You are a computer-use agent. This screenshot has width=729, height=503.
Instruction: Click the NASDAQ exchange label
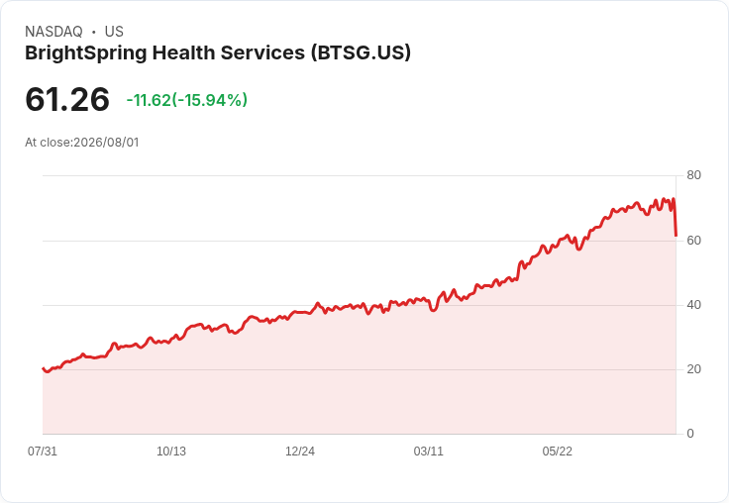pyautogui.click(x=53, y=32)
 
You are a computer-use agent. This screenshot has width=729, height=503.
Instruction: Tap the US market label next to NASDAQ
pyautogui.click(x=114, y=32)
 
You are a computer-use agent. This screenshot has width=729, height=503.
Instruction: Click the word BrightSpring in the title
pyautogui.click(x=86, y=53)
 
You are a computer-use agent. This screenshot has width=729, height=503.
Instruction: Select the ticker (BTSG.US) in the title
pyautogui.click(x=361, y=52)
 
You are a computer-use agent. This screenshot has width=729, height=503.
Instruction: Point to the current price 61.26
pyautogui.click(x=67, y=99)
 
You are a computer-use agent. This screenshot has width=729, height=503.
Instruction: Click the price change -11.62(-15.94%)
pyautogui.click(x=187, y=100)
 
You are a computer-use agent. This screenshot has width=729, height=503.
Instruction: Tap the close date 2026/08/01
pyautogui.click(x=106, y=143)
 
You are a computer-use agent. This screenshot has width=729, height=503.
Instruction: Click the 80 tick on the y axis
pyautogui.click(x=693, y=175)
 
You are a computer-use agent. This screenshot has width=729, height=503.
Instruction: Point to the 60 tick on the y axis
pyautogui.click(x=693, y=241)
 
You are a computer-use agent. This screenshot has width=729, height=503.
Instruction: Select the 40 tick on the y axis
pyautogui.click(x=693, y=305)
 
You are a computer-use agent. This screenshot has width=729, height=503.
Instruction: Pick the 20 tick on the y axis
pyautogui.click(x=693, y=369)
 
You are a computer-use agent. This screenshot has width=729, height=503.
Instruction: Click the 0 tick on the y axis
pyautogui.click(x=690, y=434)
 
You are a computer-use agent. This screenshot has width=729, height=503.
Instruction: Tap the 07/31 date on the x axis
pyautogui.click(x=43, y=452)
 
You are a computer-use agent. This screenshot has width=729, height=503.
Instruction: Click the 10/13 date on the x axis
pyautogui.click(x=171, y=452)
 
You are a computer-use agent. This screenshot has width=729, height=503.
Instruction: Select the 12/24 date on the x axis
pyautogui.click(x=300, y=452)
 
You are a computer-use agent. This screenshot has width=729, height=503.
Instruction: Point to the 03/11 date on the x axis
pyautogui.click(x=428, y=452)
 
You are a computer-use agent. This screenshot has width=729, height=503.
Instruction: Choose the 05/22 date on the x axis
pyautogui.click(x=557, y=452)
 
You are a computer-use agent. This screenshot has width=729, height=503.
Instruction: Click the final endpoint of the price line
pyautogui.click(x=676, y=236)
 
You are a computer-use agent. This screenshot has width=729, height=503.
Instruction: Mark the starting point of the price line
pyautogui.click(x=43, y=368)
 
